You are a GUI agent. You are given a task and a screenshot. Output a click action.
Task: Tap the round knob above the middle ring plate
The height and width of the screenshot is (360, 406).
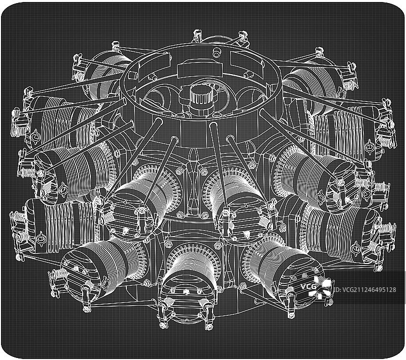coord(216,52)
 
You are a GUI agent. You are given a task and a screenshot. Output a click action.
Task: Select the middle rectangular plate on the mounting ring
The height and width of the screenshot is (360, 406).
coord(200,70)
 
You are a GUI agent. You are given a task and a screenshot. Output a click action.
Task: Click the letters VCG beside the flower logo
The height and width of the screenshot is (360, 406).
coord(308,286)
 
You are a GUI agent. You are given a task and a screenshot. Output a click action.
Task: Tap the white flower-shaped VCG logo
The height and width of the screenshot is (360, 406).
coord(320,287)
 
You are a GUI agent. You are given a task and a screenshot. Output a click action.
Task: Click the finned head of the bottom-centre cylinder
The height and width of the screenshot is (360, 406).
coord(187,298)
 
